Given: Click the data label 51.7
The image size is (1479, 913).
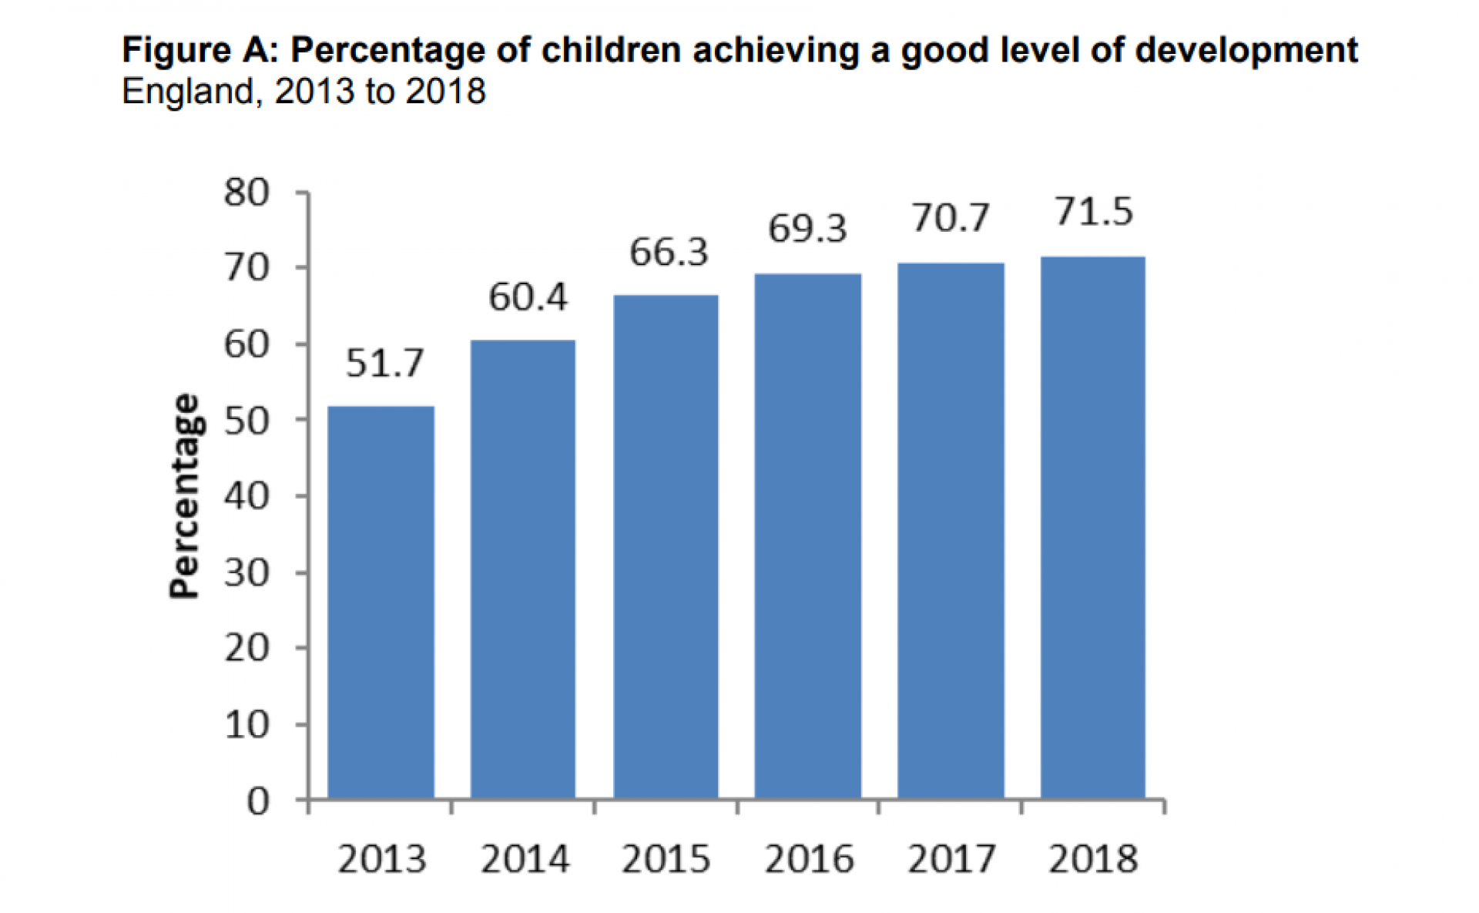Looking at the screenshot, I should [x=384, y=363].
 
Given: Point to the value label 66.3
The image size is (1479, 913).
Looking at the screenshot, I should [x=668, y=252].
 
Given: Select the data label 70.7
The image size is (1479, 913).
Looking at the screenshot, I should [x=951, y=217].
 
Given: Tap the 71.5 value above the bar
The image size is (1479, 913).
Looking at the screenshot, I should [x=1093, y=211].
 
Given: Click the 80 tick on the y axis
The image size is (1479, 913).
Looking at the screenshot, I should [x=246, y=193].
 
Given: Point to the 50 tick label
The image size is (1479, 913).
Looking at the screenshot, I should [x=246, y=421].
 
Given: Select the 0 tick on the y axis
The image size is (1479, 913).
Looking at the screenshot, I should [x=258, y=802].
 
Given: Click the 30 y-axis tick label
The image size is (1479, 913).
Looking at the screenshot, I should [x=246, y=572].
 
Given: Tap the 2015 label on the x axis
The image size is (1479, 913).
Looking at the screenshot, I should [x=666, y=859].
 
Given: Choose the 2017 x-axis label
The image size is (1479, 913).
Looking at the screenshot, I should [x=951, y=859].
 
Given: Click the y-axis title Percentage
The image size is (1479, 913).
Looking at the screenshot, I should [x=184, y=497].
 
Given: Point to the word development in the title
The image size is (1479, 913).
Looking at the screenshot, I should [x=1246, y=51].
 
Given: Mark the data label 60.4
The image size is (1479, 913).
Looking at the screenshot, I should [x=528, y=297].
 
